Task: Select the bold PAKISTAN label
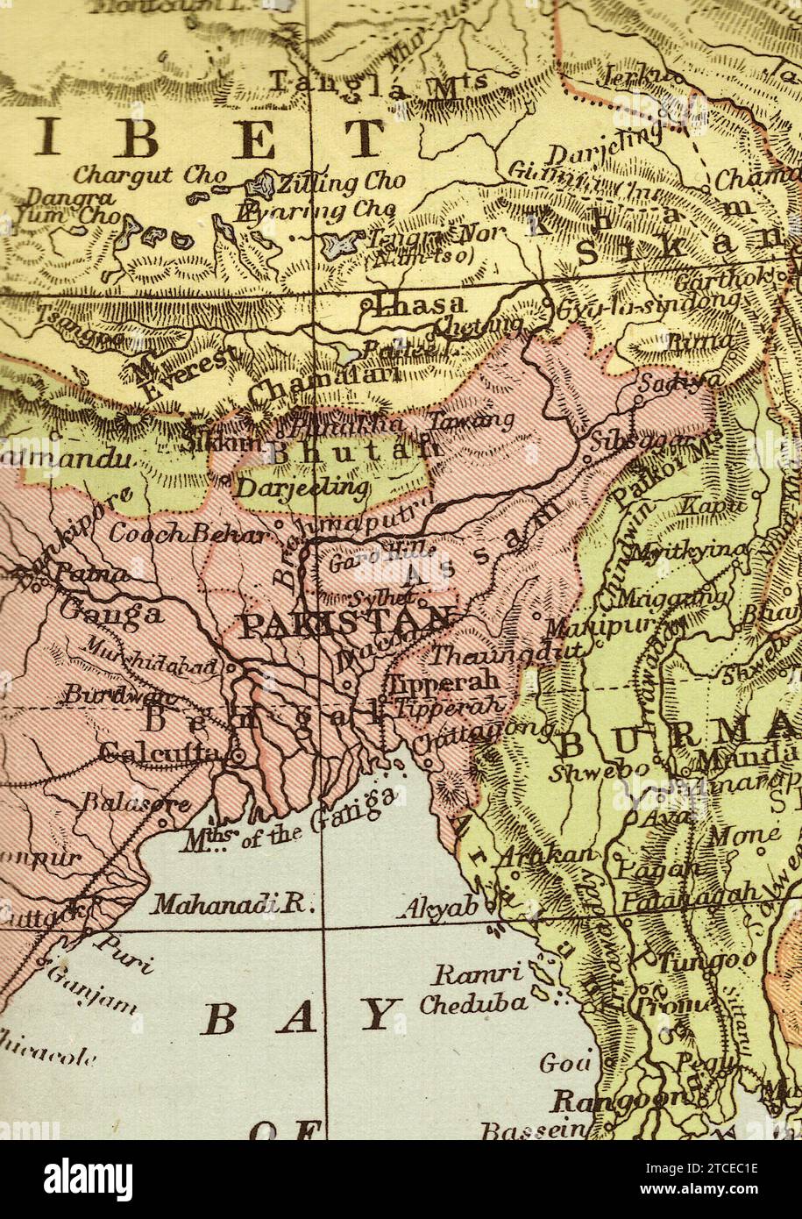[x=346, y=625]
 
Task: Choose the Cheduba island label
[x=473, y=1003]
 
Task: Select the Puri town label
[x=124, y=954]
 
